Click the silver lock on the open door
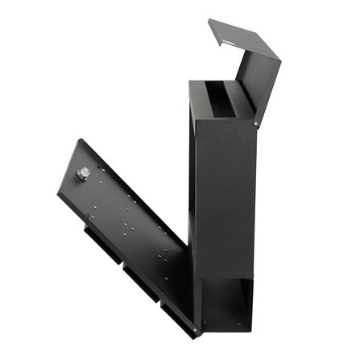point(82,173)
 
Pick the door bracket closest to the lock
point(98,233)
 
